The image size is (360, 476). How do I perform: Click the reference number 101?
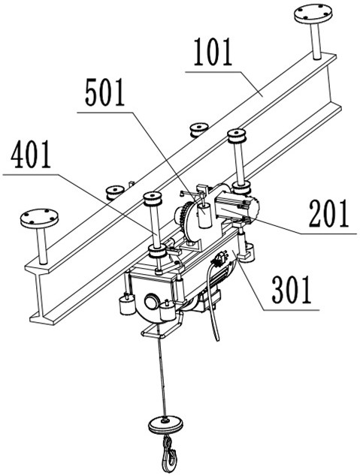213,52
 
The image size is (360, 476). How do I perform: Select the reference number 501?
104,92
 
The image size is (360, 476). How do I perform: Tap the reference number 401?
30,155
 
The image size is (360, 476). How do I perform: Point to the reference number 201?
328,213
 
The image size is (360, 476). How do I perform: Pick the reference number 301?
291,290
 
